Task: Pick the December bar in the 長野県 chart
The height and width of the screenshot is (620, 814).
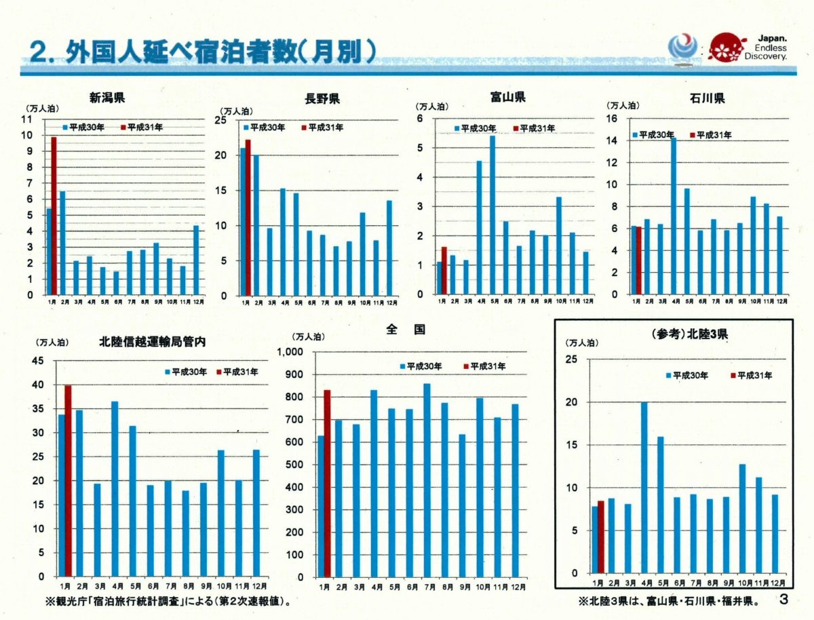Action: (x=389, y=248)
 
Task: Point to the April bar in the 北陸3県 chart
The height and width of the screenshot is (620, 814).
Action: (x=644, y=488)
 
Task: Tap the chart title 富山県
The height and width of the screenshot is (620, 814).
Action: (x=507, y=97)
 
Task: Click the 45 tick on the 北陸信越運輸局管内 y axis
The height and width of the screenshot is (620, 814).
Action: (x=38, y=361)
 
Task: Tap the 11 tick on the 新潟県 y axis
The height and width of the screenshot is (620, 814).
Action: (x=27, y=119)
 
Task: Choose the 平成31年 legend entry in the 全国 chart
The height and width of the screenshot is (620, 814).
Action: (x=485, y=366)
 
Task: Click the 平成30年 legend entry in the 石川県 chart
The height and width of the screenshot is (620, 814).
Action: (x=653, y=135)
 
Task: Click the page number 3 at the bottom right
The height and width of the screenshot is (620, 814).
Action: (x=784, y=600)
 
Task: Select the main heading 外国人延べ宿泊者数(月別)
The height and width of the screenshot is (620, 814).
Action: (x=203, y=54)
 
